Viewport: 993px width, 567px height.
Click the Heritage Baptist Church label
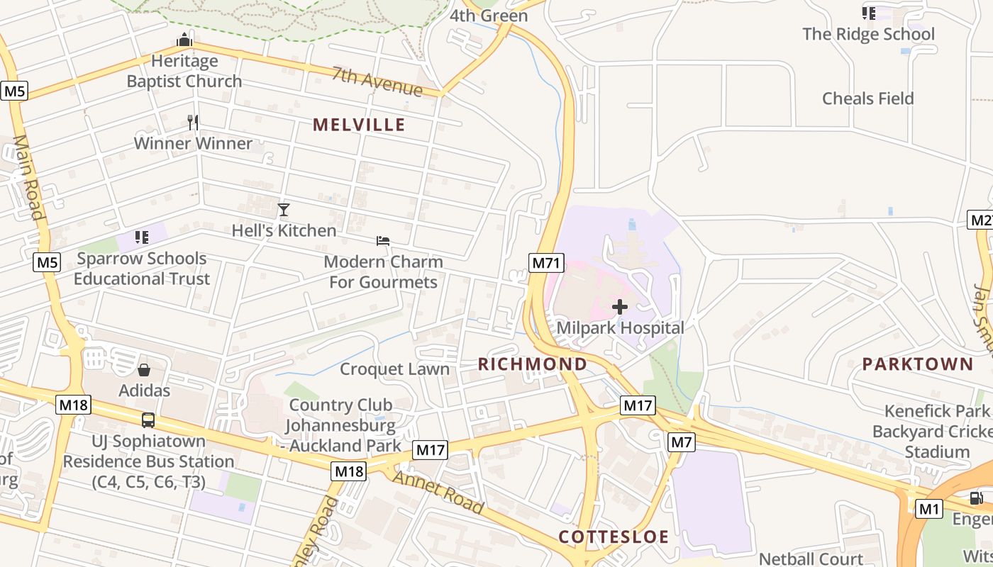tap(184, 71)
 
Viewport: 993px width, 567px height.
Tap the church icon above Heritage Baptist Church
tap(184, 40)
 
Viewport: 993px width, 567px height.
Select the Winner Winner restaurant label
tap(193, 143)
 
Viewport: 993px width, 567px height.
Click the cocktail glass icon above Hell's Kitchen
tap(284, 210)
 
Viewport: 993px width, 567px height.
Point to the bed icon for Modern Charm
tap(383, 241)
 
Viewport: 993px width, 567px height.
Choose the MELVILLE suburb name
tap(359, 125)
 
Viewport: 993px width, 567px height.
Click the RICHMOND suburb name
tap(533, 364)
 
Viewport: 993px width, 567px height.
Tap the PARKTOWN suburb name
tap(918, 364)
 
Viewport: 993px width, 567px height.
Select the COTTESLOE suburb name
tap(614, 537)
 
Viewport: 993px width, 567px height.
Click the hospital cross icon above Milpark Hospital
tap(620, 307)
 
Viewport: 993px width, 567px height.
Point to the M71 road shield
tap(546, 264)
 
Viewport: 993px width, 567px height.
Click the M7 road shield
tap(681, 443)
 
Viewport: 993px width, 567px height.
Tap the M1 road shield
tap(928, 509)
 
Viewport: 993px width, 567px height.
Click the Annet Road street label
tap(438, 492)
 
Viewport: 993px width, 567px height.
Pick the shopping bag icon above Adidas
tap(144, 370)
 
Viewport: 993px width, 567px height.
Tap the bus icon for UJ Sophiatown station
tap(148, 420)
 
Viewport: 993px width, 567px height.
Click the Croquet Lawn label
tap(394, 369)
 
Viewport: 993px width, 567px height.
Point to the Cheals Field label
tap(867, 99)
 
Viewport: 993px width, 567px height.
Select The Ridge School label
tap(868, 34)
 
